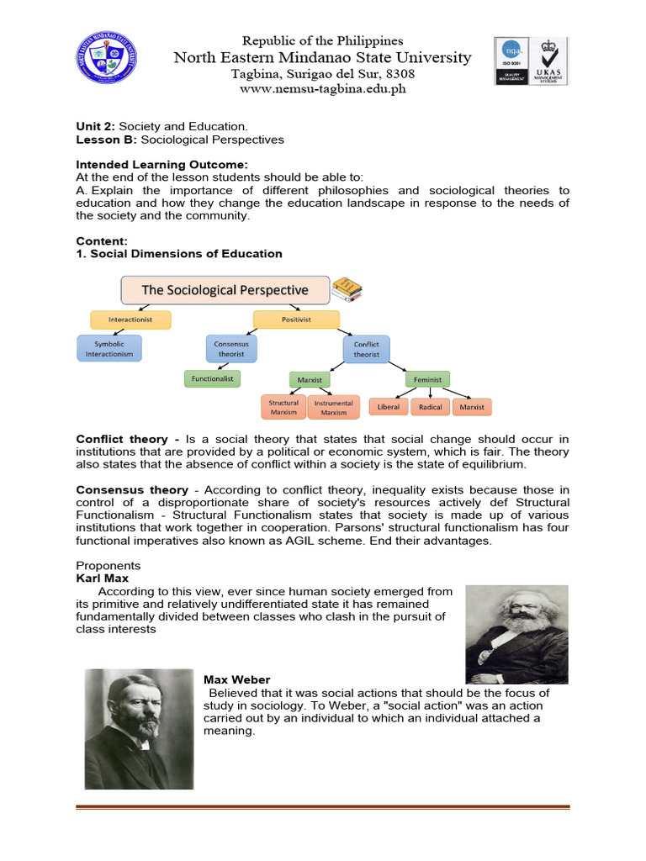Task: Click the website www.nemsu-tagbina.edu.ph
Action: click(x=323, y=89)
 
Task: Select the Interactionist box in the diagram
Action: click(x=130, y=320)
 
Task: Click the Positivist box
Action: click(x=296, y=320)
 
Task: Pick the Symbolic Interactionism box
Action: click(x=109, y=348)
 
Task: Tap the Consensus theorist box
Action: click(x=232, y=348)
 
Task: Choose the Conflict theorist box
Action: click(x=367, y=349)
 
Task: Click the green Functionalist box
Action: click(x=212, y=378)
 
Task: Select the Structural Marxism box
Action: click(x=283, y=407)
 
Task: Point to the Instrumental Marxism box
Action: click(x=333, y=407)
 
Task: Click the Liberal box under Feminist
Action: click(x=389, y=407)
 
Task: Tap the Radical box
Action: click(x=430, y=407)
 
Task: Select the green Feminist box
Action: click(x=428, y=379)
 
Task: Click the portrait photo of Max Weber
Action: click(x=139, y=728)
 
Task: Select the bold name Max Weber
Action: click(x=237, y=679)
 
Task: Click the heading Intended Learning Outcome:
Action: click(x=162, y=165)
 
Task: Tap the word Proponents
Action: click(x=109, y=566)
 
